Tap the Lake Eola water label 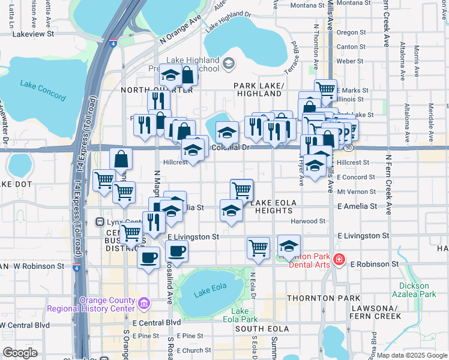tap(209, 293)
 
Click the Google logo tap(20, 353)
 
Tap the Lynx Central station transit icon tap(100, 222)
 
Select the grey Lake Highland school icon tap(228, 62)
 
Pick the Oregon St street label tap(348, 32)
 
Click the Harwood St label tap(307, 221)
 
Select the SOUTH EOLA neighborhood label tap(263, 329)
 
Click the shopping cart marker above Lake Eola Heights tap(242, 189)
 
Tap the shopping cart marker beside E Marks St tap(325, 89)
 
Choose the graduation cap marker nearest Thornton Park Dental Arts tap(289, 245)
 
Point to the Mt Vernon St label tap(356, 192)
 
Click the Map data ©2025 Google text tap(411, 355)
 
